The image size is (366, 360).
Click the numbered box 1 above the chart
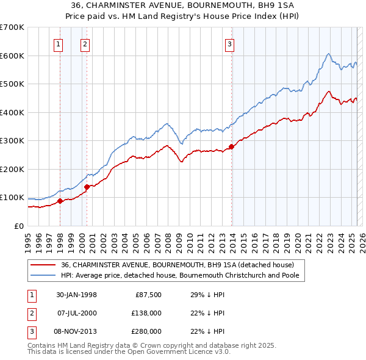59,44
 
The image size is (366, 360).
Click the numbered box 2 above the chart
85,44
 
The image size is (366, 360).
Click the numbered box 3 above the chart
229,44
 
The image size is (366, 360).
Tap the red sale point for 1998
60,201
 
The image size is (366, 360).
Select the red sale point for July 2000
87,187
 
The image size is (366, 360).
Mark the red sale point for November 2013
231,146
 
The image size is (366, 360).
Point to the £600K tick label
12,56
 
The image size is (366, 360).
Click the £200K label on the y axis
12,169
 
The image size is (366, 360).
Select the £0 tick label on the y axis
20,226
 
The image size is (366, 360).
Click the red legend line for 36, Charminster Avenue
43,265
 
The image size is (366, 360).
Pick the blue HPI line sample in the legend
43,275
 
